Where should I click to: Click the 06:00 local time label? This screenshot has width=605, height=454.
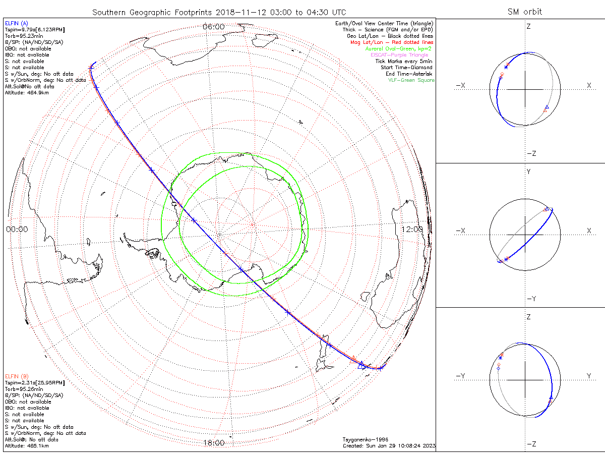[x=213, y=26]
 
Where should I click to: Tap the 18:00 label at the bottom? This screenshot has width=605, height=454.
[x=213, y=443]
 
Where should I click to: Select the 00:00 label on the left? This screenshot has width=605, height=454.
[x=17, y=229]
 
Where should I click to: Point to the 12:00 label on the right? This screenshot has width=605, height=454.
[x=412, y=229]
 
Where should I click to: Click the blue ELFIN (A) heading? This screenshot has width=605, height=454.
[x=16, y=23]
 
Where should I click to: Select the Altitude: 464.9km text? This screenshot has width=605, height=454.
[x=27, y=93]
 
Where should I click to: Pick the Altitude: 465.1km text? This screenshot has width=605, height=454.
[x=27, y=446]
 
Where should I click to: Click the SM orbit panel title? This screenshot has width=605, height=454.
[x=525, y=12]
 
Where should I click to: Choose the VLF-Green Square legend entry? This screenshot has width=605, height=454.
[x=411, y=80]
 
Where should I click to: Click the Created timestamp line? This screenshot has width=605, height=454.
[x=389, y=446]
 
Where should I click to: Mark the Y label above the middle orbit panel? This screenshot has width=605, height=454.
[x=528, y=172]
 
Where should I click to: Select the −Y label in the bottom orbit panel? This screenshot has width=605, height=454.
[x=460, y=376]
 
